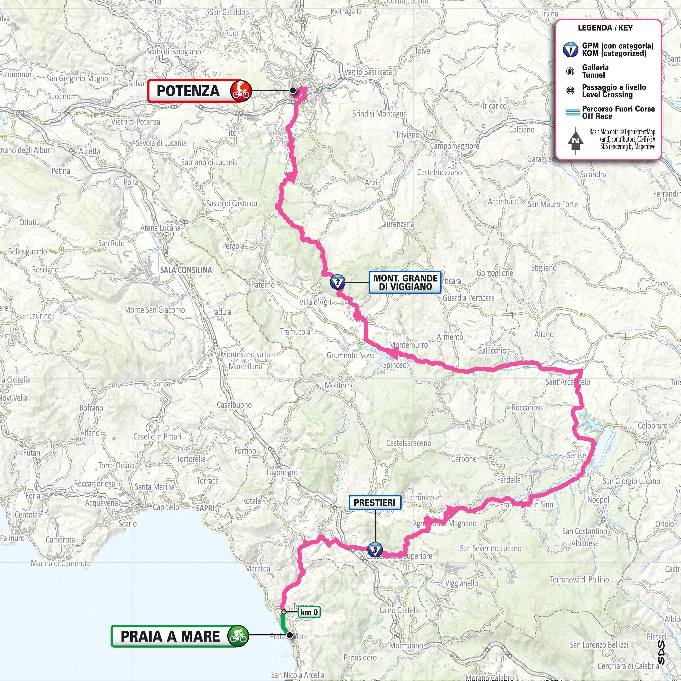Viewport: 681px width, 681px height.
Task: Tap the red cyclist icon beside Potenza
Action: click(241, 91)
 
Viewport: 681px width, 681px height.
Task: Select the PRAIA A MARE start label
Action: click(170, 637)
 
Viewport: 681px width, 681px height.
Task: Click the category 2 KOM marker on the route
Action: click(337, 282)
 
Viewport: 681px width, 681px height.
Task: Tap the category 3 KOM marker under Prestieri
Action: click(375, 549)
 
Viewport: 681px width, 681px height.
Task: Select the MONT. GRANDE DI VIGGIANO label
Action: click(405, 282)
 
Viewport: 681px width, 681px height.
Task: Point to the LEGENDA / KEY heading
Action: click(605, 28)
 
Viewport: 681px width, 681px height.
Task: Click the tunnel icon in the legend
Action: click(570, 72)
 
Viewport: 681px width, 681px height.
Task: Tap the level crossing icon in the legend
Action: click(570, 91)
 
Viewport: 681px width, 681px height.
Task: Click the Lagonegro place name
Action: click(282, 472)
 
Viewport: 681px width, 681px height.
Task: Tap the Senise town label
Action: click(576, 455)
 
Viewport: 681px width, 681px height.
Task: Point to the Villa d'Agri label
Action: click(315, 302)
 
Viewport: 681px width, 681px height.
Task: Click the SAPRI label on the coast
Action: click(205, 508)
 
